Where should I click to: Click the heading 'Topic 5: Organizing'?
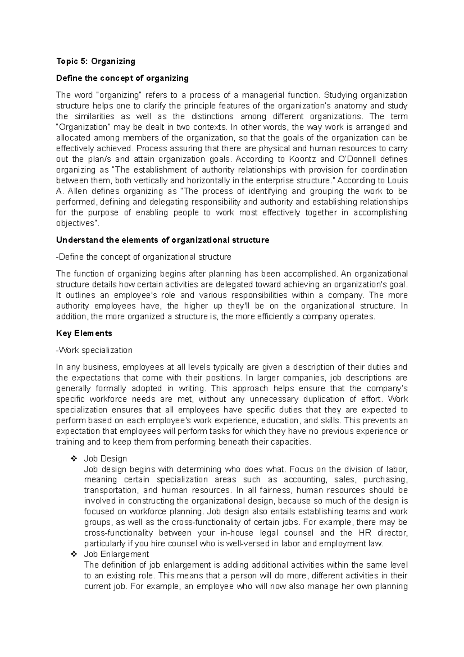click(96, 61)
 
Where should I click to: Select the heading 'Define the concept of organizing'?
click(122, 78)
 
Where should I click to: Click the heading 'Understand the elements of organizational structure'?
click(162, 240)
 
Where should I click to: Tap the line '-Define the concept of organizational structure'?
click(143, 257)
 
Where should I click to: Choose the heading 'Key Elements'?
click(84, 333)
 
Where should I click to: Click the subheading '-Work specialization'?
click(94, 350)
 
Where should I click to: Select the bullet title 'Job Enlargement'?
click(116, 554)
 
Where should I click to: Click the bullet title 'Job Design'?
click(105, 459)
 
